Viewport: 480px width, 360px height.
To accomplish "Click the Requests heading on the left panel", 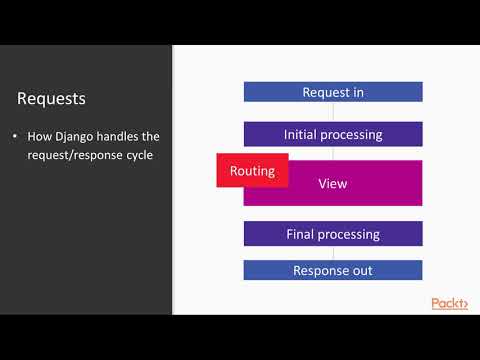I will point(51,99).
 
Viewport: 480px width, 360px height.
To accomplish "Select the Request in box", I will point(333,92).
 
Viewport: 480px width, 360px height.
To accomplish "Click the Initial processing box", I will point(333,134).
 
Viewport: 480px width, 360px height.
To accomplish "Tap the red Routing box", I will point(252,170).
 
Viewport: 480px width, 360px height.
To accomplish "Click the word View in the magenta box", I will point(332,184).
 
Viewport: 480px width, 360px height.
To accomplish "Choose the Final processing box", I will point(333,234).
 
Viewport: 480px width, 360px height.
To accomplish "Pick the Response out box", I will point(333,270).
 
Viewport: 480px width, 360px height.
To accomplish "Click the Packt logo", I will point(449,303).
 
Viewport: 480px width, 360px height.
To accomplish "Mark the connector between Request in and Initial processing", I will point(333,112).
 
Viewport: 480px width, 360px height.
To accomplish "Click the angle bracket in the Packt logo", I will point(464,304).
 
